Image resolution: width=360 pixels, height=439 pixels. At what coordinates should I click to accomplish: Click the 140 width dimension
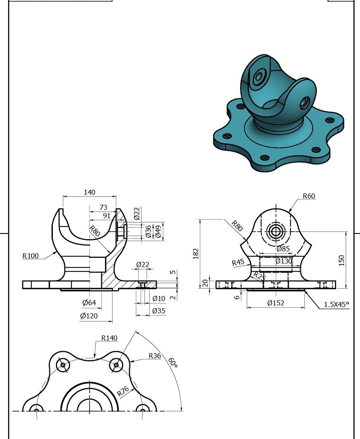click(x=89, y=192)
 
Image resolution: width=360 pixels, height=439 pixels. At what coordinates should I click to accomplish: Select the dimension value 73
click(x=103, y=207)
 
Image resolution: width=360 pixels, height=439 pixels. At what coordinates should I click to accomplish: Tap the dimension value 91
click(x=107, y=216)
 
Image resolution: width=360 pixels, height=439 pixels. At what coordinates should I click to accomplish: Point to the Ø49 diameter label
click(x=158, y=231)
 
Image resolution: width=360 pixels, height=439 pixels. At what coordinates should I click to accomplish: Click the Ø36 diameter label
click(x=148, y=231)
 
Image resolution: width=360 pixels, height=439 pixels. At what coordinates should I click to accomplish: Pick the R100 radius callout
click(x=31, y=256)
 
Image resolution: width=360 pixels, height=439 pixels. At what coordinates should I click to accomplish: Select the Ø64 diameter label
click(x=89, y=303)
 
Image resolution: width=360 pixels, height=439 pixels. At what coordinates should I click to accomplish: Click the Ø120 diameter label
click(x=89, y=316)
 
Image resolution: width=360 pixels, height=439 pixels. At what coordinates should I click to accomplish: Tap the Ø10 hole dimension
click(x=159, y=299)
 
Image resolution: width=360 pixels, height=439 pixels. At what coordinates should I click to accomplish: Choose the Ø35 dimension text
click(x=159, y=311)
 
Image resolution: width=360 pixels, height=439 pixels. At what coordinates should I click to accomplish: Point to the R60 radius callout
click(x=309, y=196)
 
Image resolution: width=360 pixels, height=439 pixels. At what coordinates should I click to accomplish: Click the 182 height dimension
click(x=196, y=254)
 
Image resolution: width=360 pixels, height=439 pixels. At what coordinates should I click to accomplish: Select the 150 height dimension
click(x=342, y=260)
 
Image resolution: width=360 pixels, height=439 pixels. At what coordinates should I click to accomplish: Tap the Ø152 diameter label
click(x=276, y=303)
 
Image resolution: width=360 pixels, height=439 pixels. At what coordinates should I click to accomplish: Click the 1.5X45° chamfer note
click(x=336, y=305)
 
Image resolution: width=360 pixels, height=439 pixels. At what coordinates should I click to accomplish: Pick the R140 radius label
click(x=109, y=338)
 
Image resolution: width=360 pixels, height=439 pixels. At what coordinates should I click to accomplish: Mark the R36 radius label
click(x=155, y=356)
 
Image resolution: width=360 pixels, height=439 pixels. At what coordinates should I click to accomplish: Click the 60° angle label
click(x=173, y=363)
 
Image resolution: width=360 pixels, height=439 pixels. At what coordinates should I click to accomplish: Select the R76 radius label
click(x=123, y=391)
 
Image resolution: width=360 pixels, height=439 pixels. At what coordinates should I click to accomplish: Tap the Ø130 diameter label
click(x=284, y=261)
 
